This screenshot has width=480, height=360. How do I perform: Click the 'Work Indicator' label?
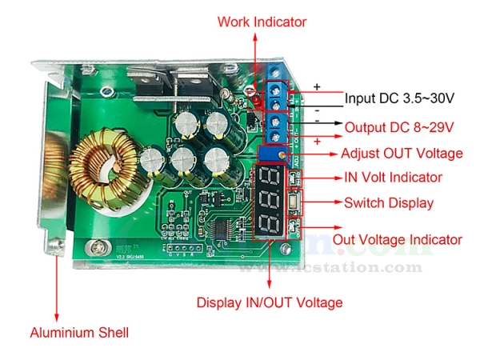click(x=262, y=22)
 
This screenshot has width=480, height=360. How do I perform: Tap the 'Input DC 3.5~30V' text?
click(x=399, y=98)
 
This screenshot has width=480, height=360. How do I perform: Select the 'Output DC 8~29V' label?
click(x=399, y=127)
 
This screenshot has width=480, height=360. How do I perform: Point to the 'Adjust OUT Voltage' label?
click(x=402, y=153)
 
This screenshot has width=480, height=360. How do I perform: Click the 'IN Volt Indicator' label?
click(x=393, y=177)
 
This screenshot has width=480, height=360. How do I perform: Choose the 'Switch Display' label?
click(x=389, y=202)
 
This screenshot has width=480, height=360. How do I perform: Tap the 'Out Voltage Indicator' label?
click(x=398, y=239)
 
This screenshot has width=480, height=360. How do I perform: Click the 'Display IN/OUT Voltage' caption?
click(x=270, y=302)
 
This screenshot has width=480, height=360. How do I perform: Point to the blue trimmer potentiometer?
click(x=272, y=153)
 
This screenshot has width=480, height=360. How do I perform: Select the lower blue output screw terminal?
click(x=277, y=128)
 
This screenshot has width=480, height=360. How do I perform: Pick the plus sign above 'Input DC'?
click(x=316, y=85)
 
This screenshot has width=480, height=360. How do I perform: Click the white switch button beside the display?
click(x=294, y=202)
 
